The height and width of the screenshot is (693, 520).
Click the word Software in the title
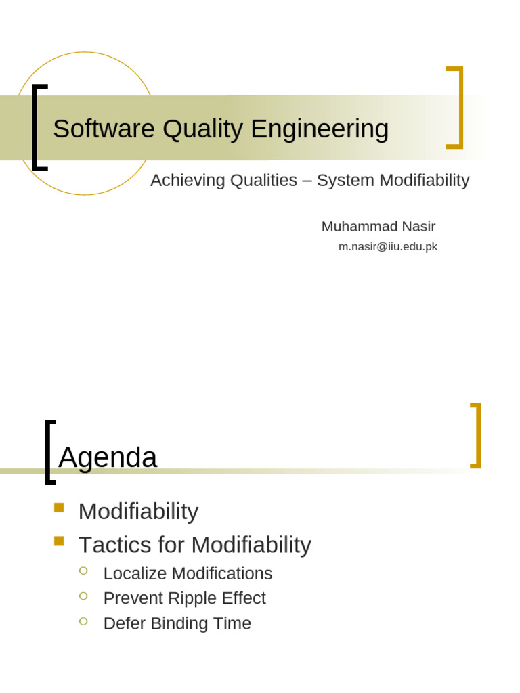click(104, 129)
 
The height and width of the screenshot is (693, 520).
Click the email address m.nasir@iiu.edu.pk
click(388, 247)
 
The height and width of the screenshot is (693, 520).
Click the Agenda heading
click(108, 457)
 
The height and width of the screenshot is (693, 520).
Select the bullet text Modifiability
click(138, 512)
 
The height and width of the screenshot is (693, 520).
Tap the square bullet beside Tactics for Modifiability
click(59, 541)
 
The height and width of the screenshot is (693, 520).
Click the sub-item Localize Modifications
click(188, 573)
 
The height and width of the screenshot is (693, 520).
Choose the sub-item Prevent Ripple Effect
click(184, 598)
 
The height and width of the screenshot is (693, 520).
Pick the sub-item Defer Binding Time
click(177, 623)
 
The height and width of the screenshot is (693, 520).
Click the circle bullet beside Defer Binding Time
click(83, 621)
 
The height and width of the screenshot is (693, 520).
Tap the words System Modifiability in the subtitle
click(393, 181)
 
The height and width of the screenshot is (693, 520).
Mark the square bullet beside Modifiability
click(59, 508)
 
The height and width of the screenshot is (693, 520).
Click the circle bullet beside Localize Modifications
click(83, 571)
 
